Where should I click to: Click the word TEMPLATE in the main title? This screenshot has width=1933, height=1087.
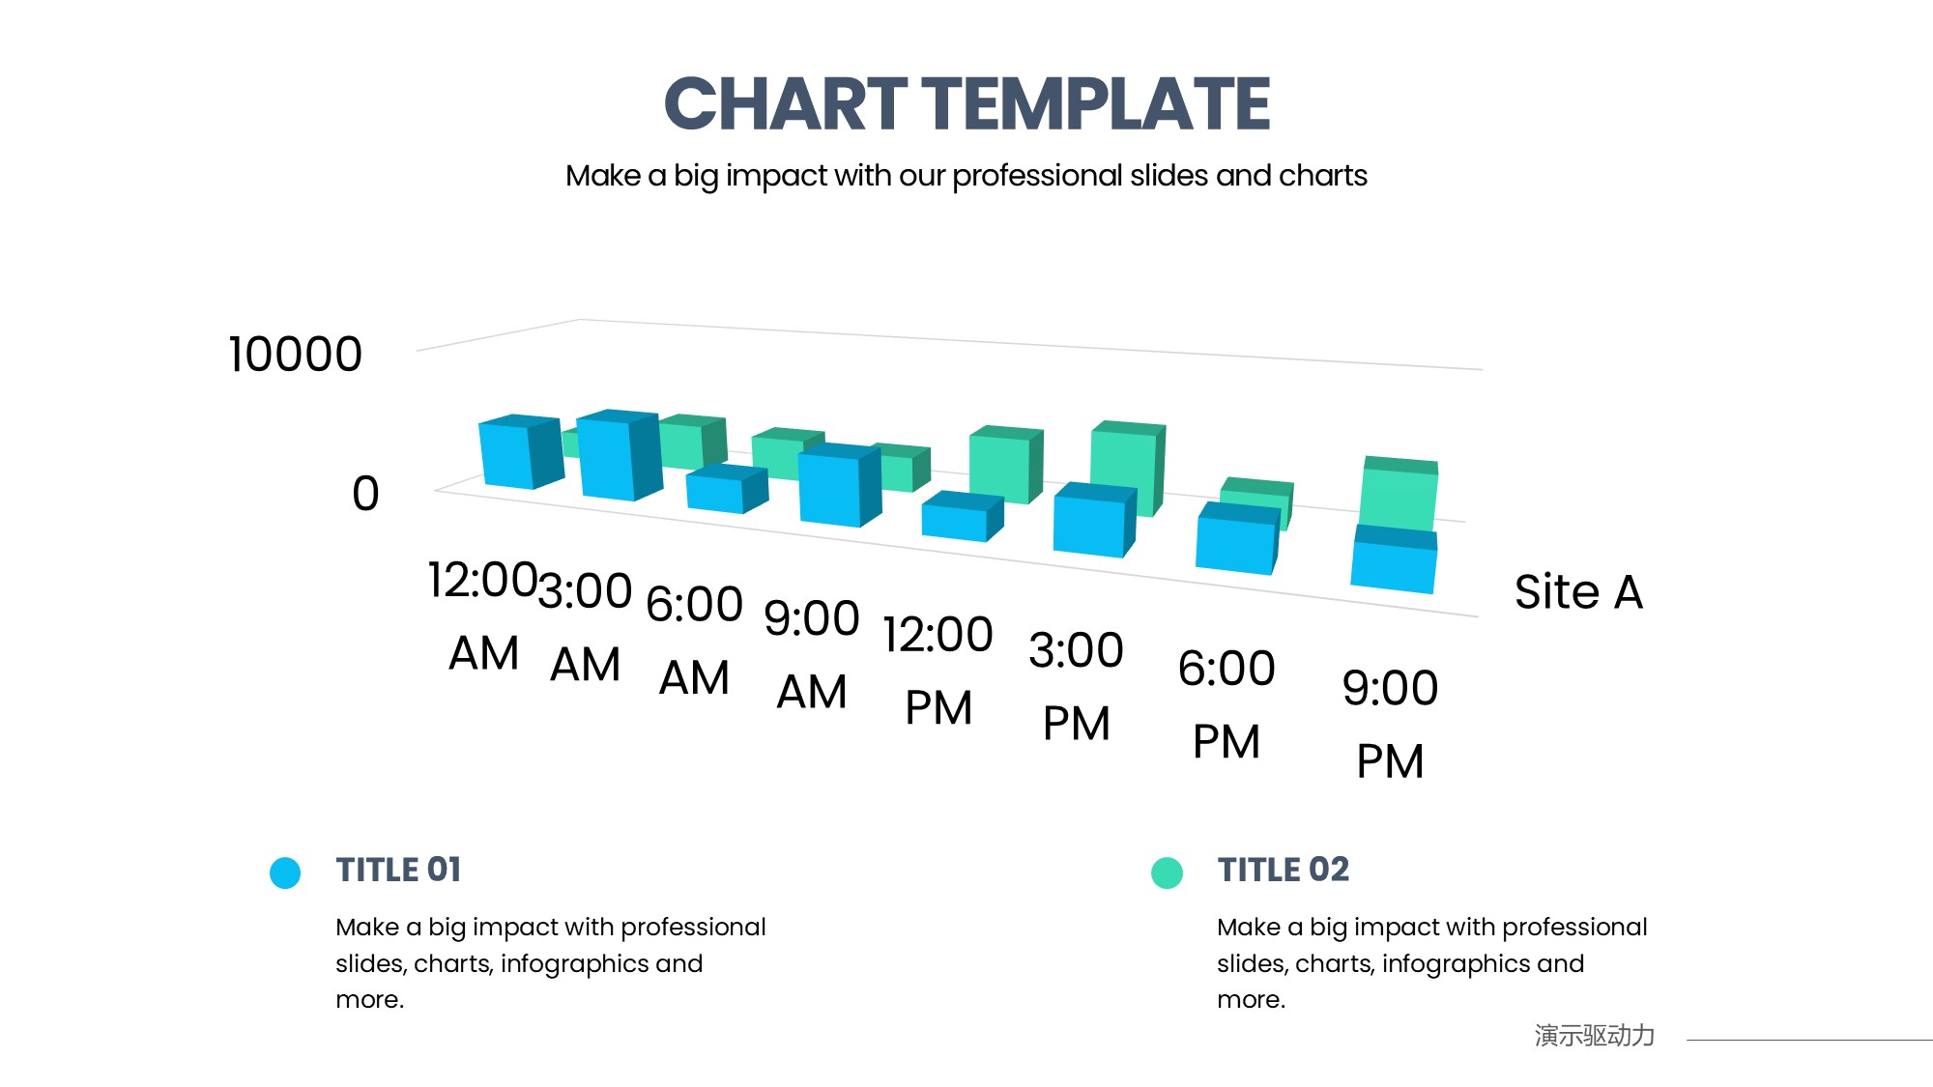click(1096, 104)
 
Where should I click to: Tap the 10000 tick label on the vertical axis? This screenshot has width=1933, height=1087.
click(295, 355)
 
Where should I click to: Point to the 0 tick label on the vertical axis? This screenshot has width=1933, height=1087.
click(365, 494)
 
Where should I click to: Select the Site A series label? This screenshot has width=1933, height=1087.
click(1578, 591)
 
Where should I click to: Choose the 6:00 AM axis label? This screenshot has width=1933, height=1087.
click(694, 641)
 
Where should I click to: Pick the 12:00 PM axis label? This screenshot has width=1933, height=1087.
click(938, 671)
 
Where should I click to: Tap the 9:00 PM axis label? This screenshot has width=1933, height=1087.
click(1390, 725)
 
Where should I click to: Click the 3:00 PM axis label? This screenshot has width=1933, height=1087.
click(1076, 686)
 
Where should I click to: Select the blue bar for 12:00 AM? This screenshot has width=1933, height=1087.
click(519, 452)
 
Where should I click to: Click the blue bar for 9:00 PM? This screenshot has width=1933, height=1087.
click(1393, 559)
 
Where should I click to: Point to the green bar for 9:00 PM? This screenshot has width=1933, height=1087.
click(1399, 493)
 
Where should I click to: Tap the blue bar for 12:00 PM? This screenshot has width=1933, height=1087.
click(962, 517)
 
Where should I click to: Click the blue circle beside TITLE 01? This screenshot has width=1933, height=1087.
click(285, 872)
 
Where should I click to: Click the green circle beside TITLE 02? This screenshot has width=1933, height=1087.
click(1167, 872)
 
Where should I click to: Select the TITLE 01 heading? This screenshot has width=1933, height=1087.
click(398, 870)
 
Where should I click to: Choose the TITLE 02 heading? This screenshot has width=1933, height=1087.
click(1283, 870)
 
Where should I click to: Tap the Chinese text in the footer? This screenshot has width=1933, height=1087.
click(1594, 1036)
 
